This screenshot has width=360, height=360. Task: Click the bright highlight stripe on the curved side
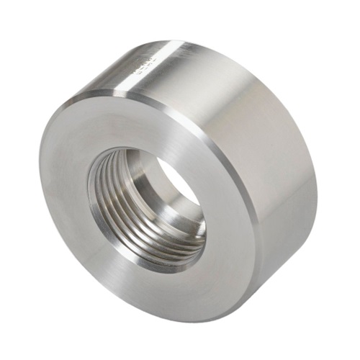tap(155, 68)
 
